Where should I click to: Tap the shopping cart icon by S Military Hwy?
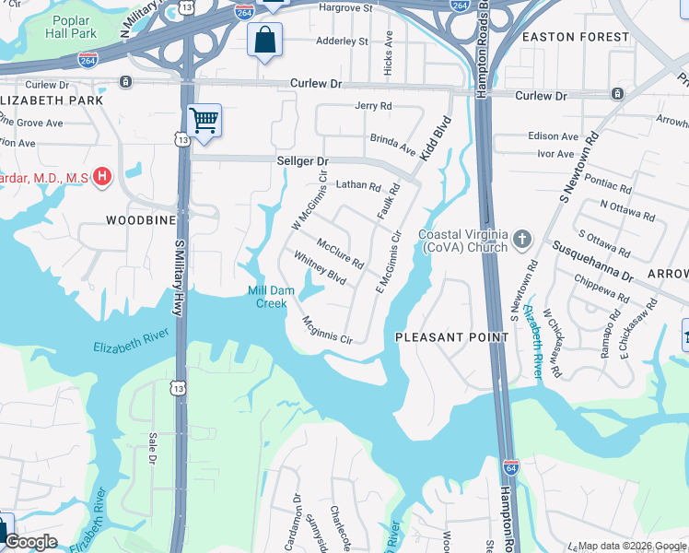tap(204, 120)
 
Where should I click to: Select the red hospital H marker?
tap(102, 175)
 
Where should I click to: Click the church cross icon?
tap(522, 241)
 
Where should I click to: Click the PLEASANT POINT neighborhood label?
tap(451, 337)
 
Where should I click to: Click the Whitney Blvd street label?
tap(319, 268)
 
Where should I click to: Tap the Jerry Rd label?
tap(373, 107)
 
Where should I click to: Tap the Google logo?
tap(30, 542)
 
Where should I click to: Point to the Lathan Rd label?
tap(357, 186)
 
